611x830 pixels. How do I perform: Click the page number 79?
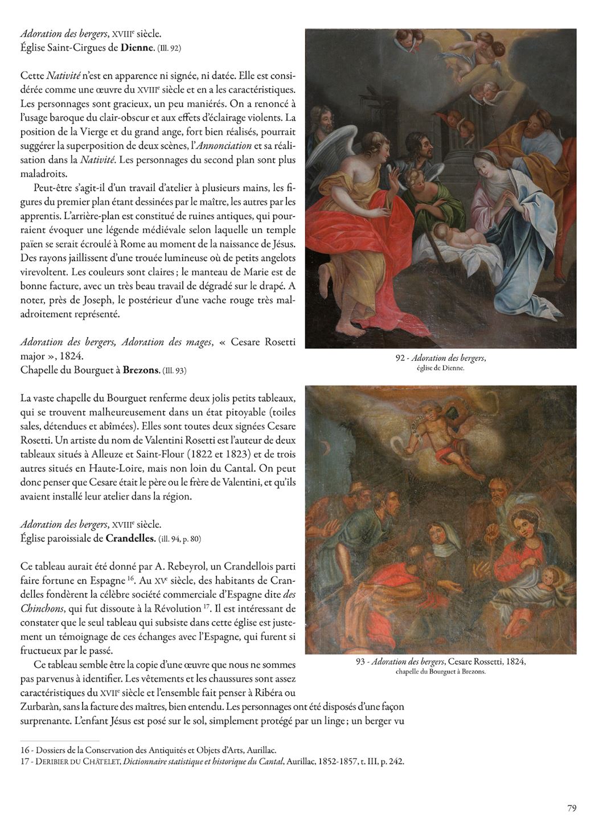click(x=572, y=807)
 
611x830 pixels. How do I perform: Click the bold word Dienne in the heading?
click(x=137, y=48)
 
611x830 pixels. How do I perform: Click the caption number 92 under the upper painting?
click(x=400, y=358)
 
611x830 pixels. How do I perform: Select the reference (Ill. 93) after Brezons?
click(x=174, y=371)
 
